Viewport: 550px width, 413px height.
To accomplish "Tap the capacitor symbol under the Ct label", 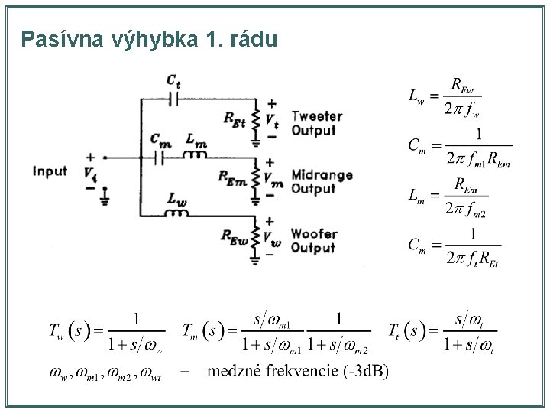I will (x=173, y=99).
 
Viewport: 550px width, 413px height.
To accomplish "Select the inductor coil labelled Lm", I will (x=196, y=157).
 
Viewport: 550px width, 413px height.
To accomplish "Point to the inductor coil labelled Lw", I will (x=177, y=211).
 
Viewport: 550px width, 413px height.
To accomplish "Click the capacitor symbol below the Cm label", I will (x=160, y=158).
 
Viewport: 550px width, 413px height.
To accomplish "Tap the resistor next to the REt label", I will (x=255, y=119).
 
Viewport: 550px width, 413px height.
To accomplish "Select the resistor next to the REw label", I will (x=255, y=238).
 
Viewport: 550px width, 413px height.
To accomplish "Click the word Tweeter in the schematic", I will (x=317, y=117).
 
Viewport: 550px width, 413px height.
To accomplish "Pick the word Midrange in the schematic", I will (x=322, y=175).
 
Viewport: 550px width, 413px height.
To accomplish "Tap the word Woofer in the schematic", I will (x=313, y=234).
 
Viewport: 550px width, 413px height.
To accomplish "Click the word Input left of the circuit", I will (x=50, y=171).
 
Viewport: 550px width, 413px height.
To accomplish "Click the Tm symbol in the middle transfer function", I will (x=192, y=331).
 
